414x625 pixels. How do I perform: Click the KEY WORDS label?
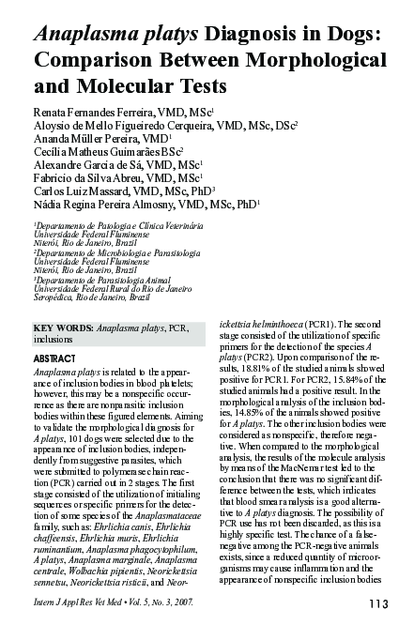62,329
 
